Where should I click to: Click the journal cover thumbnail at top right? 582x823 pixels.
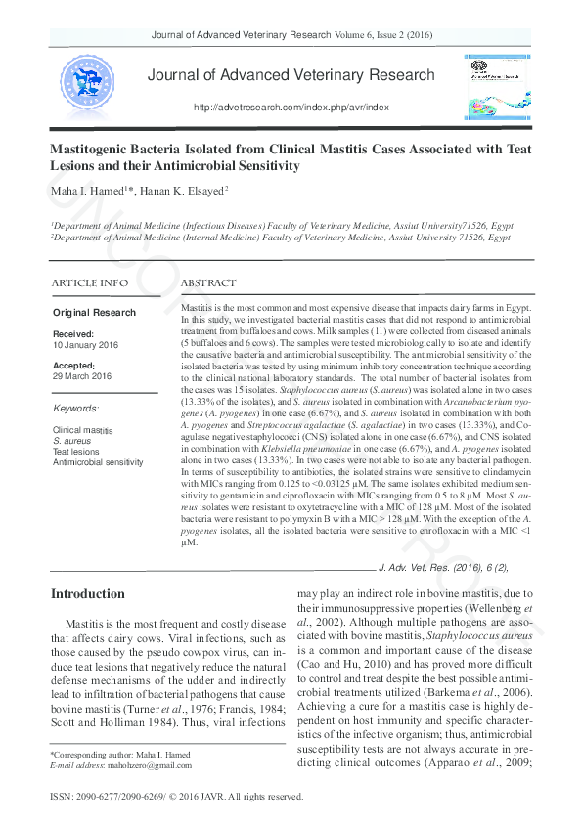489,84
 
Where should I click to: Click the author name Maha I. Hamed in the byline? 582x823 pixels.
81,190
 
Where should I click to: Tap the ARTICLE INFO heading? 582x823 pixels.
89,282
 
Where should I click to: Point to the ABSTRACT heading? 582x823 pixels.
208,282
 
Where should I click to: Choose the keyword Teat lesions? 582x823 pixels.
75,452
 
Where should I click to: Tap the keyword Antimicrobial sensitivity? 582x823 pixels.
103,461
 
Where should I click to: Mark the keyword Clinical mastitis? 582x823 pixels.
82,430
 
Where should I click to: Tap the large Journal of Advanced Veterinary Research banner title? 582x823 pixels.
291,75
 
